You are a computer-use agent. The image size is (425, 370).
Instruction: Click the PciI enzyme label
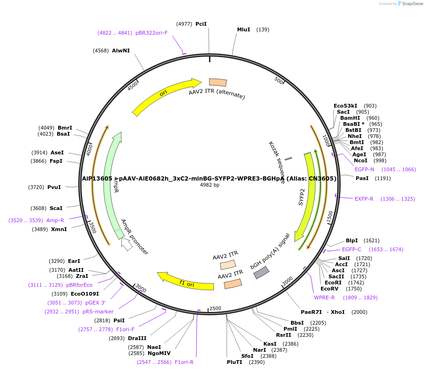click(x=201, y=24)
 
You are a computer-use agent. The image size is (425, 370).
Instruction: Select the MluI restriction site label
click(x=244, y=29)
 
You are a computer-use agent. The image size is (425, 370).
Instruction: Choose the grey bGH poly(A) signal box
click(x=261, y=273)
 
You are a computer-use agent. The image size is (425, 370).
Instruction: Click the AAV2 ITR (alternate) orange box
click(x=218, y=82)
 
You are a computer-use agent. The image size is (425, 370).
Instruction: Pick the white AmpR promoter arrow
click(x=126, y=244)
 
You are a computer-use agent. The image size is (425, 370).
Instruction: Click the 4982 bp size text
click(x=209, y=185)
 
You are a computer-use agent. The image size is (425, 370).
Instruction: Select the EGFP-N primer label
click(x=364, y=169)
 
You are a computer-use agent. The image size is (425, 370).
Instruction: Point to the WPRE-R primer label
click(x=324, y=297)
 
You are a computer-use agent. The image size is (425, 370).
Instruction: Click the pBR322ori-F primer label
click(x=151, y=33)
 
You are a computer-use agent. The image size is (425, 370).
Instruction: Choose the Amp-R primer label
click(x=55, y=220)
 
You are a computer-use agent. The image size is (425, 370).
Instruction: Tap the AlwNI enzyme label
click(x=120, y=51)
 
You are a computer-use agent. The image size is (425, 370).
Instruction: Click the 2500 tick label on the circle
click(x=215, y=309)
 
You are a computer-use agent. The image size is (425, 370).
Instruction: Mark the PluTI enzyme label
click(x=235, y=362)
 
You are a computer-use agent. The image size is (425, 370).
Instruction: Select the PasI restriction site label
click(x=362, y=178)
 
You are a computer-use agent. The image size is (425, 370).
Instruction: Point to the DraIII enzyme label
click(x=137, y=338)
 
